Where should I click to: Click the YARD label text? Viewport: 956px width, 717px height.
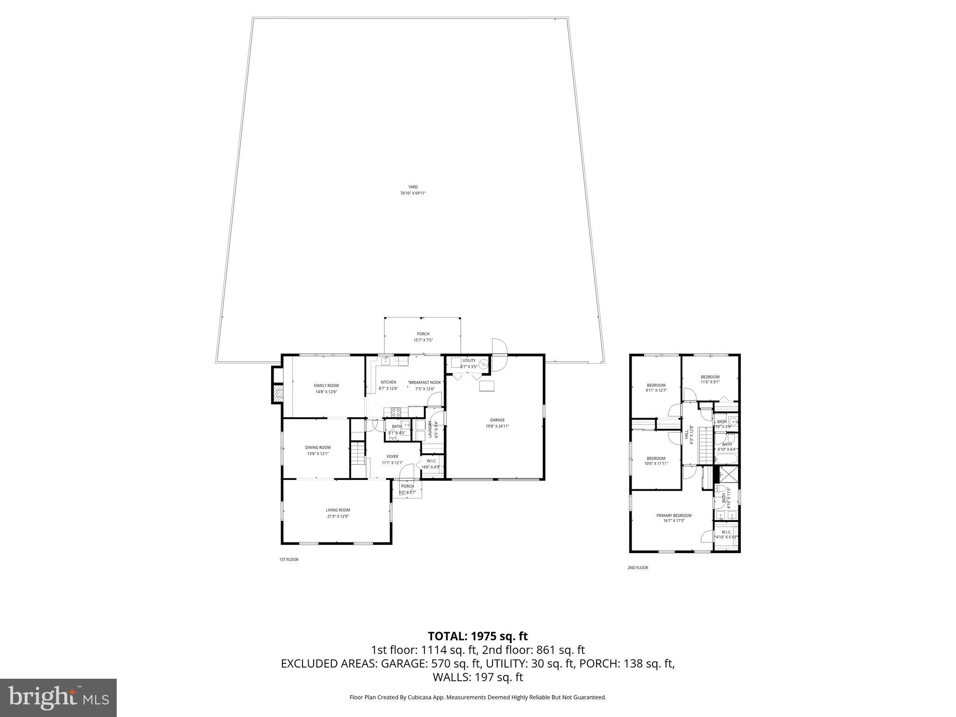(x=413, y=187)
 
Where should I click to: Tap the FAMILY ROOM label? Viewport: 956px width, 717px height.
(x=326, y=386)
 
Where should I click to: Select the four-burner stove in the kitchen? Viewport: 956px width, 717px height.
(x=395, y=412)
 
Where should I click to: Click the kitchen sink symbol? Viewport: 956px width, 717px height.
(x=386, y=361)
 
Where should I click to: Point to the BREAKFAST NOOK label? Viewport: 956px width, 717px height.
(x=425, y=382)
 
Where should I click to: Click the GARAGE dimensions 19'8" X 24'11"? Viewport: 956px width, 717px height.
(x=497, y=426)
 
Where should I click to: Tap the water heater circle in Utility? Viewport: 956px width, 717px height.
(x=484, y=364)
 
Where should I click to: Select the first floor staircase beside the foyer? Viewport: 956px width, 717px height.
(x=357, y=453)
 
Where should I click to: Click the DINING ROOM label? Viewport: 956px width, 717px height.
(x=317, y=447)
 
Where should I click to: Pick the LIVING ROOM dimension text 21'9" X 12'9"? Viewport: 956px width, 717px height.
(x=337, y=516)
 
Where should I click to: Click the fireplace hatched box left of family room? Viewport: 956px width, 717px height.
(x=278, y=393)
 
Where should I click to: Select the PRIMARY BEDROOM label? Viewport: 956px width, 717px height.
(x=674, y=515)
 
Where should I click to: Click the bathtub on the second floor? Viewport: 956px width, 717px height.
(x=726, y=458)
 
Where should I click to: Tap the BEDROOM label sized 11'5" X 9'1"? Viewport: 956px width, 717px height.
(x=710, y=377)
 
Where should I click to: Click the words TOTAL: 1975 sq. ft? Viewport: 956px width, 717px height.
(x=478, y=636)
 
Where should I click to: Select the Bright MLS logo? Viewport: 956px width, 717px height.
(x=58, y=697)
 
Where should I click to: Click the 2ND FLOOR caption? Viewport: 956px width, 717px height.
(x=637, y=568)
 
